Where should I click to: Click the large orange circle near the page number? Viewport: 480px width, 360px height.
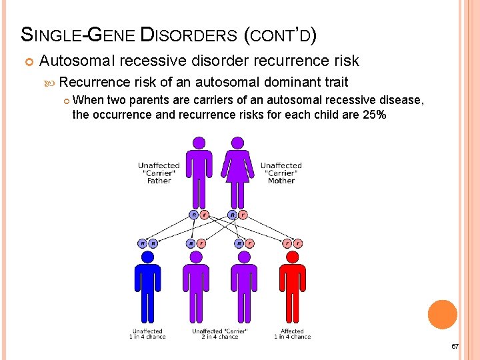[443, 315]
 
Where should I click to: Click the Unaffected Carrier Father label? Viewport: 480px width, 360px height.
[159, 173]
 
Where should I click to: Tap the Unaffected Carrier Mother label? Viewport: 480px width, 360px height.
[281, 173]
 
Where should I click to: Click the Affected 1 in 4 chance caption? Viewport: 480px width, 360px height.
[292, 334]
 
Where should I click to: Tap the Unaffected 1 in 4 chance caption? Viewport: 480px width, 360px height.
[147, 334]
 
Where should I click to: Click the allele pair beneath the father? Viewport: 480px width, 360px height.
[199, 215]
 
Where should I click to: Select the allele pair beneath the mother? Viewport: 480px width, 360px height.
[237, 215]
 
